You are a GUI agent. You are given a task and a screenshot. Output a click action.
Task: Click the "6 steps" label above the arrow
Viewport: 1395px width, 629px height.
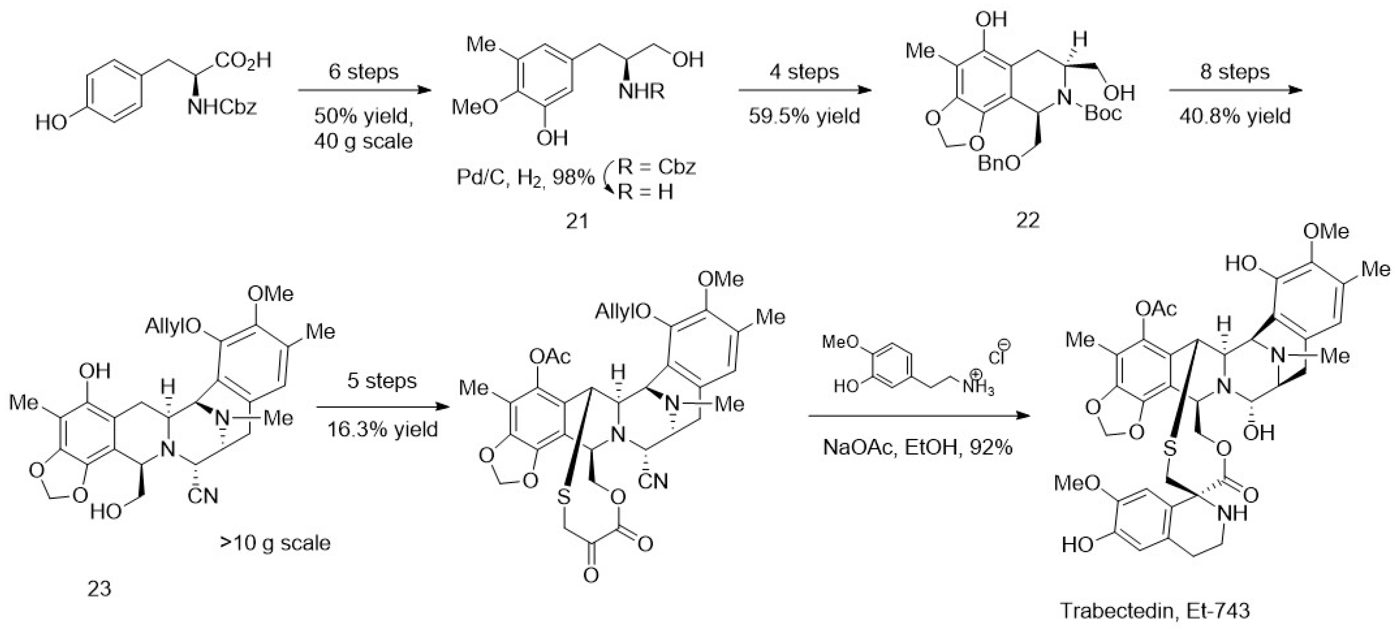[363, 72]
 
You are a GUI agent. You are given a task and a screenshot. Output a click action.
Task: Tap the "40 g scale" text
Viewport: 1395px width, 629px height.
[363, 141]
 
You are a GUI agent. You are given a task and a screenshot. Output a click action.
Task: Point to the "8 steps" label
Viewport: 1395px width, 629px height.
[1235, 72]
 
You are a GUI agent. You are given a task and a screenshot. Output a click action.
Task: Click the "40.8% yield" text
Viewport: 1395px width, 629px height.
[1235, 116]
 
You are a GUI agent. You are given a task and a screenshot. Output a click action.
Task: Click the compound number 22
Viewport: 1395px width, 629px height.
[1028, 220]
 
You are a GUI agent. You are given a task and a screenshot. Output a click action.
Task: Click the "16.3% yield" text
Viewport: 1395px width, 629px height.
[382, 429]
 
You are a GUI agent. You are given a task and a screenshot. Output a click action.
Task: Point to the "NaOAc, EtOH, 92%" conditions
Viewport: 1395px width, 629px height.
[917, 448]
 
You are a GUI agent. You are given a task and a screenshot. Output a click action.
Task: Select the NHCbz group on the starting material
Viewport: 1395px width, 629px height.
[222, 107]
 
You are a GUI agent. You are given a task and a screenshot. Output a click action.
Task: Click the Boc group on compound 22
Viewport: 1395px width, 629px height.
[1103, 114]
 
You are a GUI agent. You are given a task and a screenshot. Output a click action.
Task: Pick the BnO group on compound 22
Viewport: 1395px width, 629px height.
[998, 163]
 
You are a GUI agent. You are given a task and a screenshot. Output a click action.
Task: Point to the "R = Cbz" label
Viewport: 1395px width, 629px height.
[656, 167]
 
